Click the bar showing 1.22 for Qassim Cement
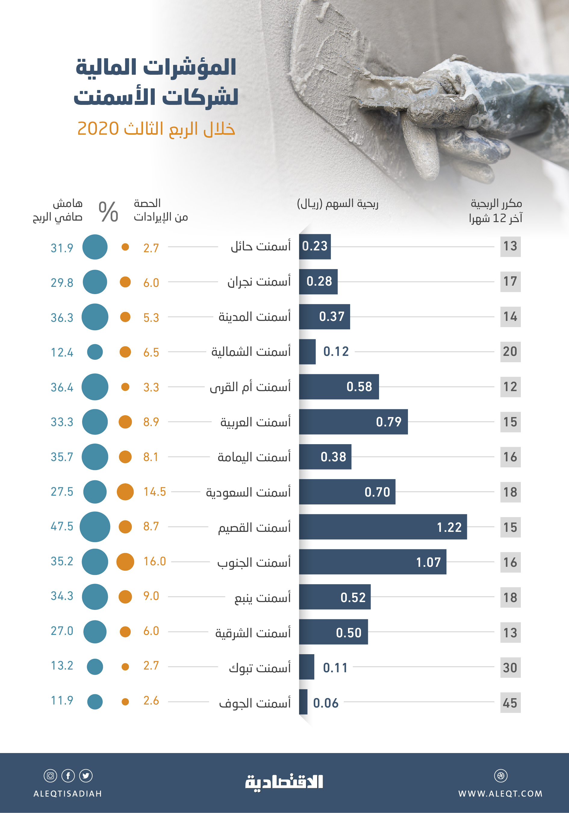[383, 527]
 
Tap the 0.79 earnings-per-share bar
[353, 422]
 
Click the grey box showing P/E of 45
[510, 703]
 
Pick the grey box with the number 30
[510, 668]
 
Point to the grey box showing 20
[510, 352]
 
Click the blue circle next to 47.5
[95, 527]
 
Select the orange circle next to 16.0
[125, 562]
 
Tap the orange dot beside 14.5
[125, 492]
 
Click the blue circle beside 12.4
[95, 352]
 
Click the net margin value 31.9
[62, 248]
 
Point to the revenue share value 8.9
[151, 422]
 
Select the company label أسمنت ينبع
[263, 598]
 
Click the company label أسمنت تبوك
[260, 668]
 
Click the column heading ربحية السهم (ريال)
[337, 204]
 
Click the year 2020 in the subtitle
[98, 128]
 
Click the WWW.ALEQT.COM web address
[500, 793]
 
